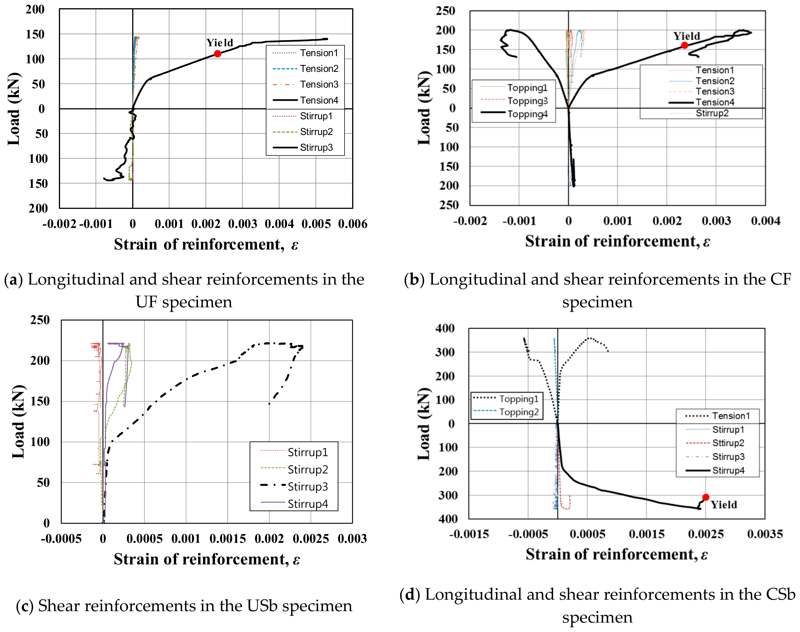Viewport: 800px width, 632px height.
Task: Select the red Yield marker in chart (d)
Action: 706,497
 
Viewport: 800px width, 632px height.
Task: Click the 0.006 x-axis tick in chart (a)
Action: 352,224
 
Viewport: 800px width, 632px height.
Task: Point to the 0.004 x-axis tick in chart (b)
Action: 765,221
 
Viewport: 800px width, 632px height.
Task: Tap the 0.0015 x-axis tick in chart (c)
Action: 227,539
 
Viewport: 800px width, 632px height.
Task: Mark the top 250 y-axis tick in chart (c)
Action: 40,320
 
